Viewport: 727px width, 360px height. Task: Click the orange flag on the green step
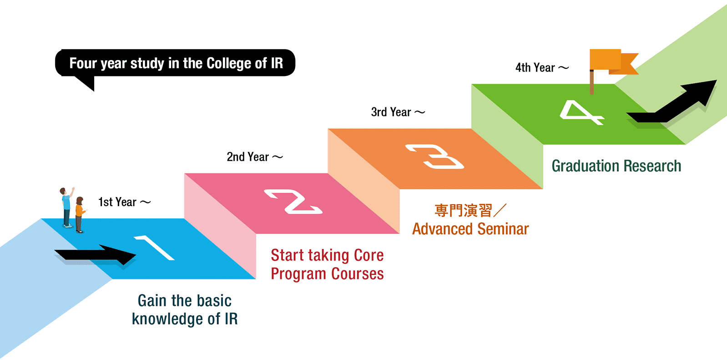point(610,63)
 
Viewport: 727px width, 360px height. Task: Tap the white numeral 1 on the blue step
point(155,248)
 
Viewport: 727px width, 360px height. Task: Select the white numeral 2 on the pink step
point(293,202)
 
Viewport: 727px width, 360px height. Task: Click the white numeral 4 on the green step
point(581,112)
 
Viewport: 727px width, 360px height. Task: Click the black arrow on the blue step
point(95,254)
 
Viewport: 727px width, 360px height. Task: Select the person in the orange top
point(80,214)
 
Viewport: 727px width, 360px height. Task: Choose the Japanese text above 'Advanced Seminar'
point(470,210)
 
